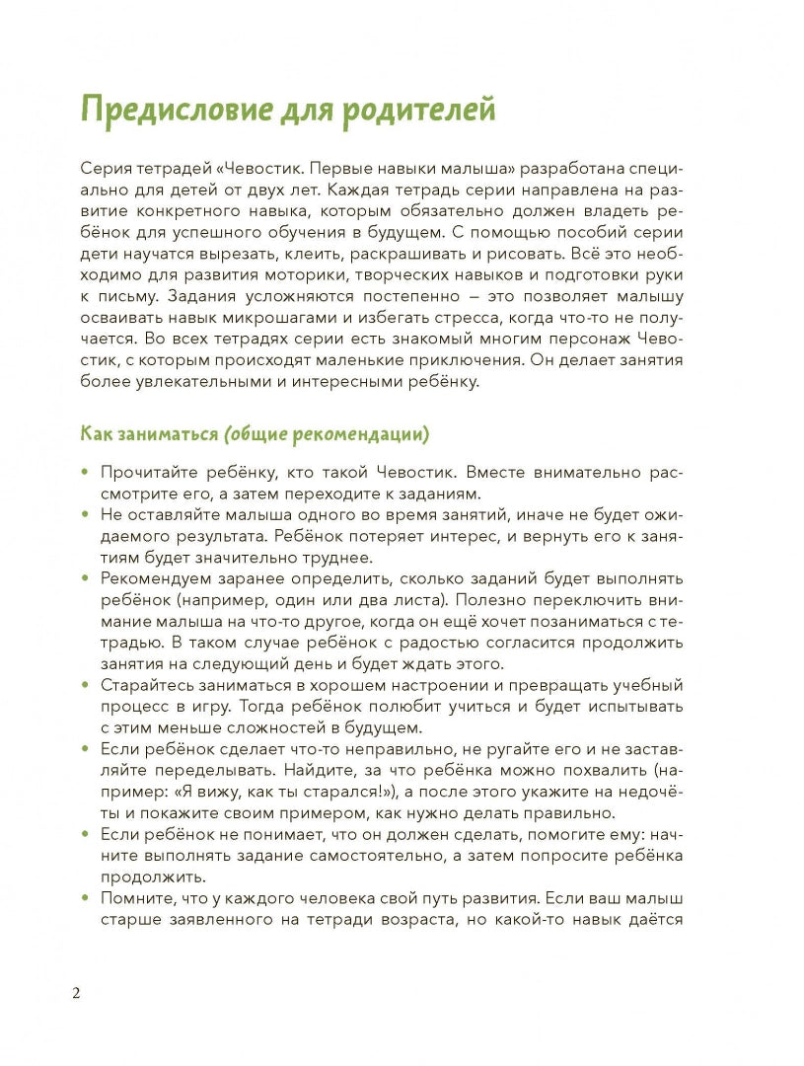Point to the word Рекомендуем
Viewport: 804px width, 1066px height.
tap(155, 577)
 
